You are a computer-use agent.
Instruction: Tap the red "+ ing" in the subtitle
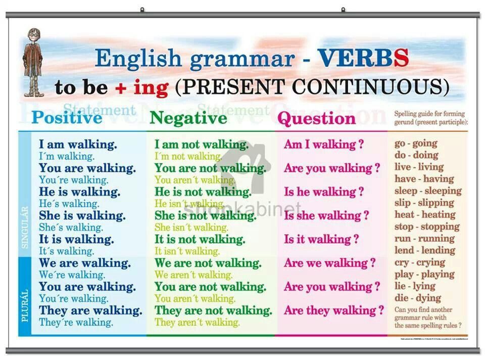point(141,87)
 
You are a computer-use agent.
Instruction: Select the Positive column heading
point(67,118)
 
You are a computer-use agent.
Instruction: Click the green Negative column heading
point(188,118)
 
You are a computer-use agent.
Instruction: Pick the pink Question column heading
point(317,119)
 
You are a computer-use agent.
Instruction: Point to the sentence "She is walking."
point(82,216)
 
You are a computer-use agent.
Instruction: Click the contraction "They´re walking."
point(76,322)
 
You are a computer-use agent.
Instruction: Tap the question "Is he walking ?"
point(324,192)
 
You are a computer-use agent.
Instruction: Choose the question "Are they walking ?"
point(334,310)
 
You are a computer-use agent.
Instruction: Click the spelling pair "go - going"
point(416,143)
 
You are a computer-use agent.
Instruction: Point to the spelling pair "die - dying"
point(418,298)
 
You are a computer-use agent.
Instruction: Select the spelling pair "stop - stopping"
point(424,227)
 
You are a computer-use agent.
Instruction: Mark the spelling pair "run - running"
point(424,239)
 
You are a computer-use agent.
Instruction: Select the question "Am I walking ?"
point(324,145)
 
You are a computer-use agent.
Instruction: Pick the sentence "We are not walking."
point(208,263)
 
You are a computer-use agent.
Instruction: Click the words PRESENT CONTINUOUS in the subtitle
point(312,87)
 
